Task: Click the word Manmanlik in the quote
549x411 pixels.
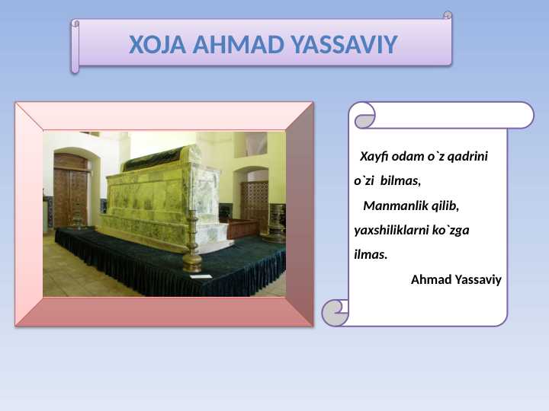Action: (393, 205)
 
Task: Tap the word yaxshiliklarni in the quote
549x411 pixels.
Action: (392, 230)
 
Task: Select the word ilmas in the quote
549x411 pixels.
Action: (371, 254)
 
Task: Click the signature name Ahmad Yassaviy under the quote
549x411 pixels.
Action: (456, 279)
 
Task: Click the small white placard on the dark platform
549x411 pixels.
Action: (200, 276)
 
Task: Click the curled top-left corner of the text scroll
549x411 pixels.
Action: (365, 118)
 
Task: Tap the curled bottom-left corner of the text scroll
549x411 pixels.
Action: (335, 312)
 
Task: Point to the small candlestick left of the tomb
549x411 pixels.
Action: (77, 220)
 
